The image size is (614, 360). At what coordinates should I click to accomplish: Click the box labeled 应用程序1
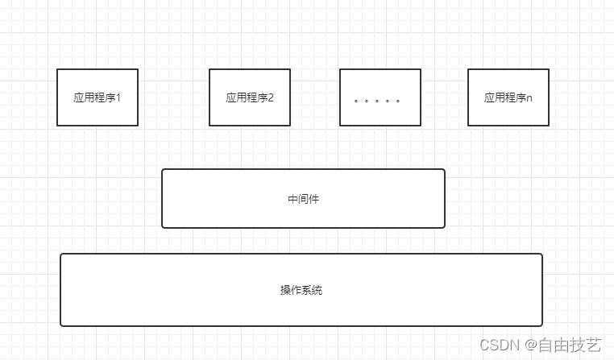pos(97,97)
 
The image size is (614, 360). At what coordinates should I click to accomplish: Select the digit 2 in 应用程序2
pos(271,98)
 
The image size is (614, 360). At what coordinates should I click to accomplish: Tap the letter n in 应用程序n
pos(529,98)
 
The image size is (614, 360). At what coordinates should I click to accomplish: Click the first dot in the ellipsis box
pos(356,101)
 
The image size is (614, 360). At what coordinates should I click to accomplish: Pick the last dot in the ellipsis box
pos(398,101)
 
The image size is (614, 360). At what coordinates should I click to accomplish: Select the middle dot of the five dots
pos(377,101)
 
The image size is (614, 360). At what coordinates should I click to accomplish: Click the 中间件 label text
pos(303,199)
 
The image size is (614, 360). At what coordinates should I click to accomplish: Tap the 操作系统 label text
pos(301,290)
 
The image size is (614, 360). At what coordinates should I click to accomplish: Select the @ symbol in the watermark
pos(532,346)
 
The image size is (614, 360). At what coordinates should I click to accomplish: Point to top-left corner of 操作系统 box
pos(61,254)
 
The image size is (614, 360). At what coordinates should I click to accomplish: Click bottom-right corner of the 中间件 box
pos(444,227)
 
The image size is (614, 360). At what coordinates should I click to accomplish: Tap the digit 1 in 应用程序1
pos(118,98)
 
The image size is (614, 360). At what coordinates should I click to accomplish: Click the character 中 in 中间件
pos(292,199)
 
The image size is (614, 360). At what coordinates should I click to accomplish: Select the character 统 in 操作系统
pos(317,290)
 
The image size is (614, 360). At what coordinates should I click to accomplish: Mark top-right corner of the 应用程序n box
pos(549,69)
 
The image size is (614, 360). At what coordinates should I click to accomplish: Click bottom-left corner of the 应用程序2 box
pos(210,126)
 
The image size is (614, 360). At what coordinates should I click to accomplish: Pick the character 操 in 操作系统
pos(285,290)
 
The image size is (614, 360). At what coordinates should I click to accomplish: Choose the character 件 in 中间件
pos(314,199)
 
